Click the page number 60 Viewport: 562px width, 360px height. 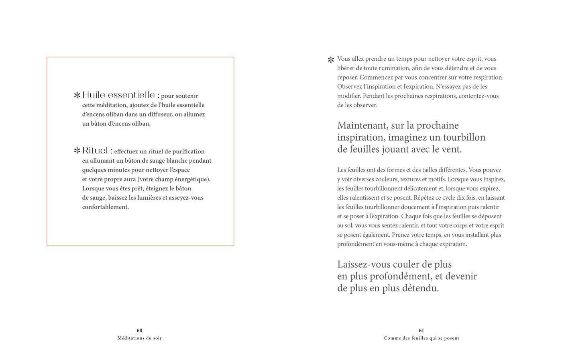(139, 331)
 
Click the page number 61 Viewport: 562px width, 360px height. (421, 331)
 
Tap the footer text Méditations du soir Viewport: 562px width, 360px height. (139, 338)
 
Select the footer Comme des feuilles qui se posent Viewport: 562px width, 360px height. (421, 338)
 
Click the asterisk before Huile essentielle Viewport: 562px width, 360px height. (77, 96)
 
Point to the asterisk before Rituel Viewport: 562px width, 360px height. (77, 151)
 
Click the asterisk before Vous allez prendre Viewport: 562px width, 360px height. (331, 60)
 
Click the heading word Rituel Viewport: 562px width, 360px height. (95, 151)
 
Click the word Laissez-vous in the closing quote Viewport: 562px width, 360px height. (367, 264)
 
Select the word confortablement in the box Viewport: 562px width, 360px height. (106, 207)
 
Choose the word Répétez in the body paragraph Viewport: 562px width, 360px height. (425, 198)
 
